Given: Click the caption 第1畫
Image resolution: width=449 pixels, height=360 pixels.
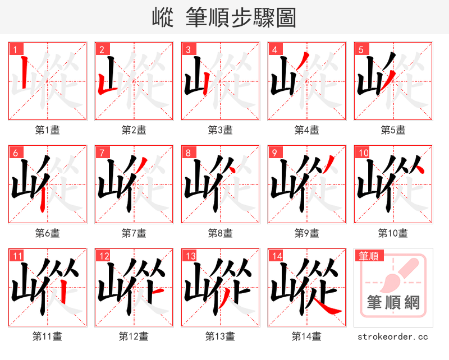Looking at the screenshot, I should tap(48, 130).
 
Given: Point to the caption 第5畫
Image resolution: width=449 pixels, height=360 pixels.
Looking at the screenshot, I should tap(393, 130).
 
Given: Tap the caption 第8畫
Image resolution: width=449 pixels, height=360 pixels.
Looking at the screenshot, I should tap(220, 233).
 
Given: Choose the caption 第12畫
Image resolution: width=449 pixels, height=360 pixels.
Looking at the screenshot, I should tap(134, 336).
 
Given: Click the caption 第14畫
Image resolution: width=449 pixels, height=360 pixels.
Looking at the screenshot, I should tap(306, 336).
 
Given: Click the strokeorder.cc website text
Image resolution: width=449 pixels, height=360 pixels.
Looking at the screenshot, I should tap(393, 336).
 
